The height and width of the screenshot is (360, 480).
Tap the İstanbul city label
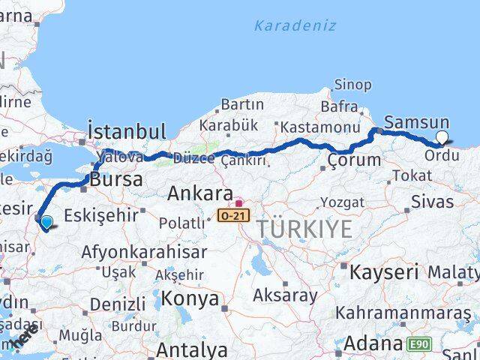click(126, 130)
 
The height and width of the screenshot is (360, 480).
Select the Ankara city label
click(199, 193)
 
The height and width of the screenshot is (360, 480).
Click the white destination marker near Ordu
click(442, 137)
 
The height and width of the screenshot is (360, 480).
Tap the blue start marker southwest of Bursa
click(46, 222)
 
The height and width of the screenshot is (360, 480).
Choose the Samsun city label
click(416, 122)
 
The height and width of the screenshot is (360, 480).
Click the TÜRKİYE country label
click(304, 229)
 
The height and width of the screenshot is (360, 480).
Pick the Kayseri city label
click(383, 271)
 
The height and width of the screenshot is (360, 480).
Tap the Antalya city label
click(192, 349)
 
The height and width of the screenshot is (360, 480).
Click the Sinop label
click(352, 85)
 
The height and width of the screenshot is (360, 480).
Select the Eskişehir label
click(102, 215)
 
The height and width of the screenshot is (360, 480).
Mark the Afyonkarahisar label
click(133, 252)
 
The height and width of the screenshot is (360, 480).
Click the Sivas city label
click(433, 202)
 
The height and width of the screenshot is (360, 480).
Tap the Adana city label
click(374, 344)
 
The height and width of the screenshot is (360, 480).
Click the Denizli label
click(118, 304)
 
